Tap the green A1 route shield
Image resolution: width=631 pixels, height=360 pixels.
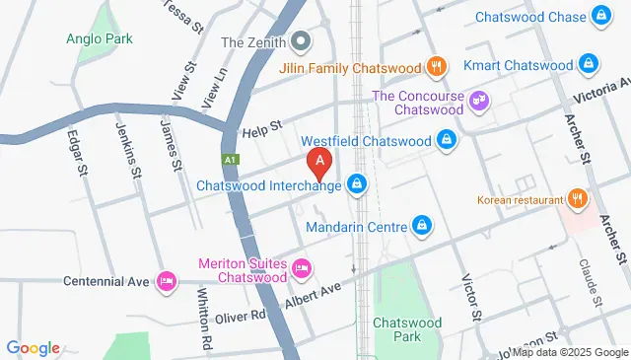click(x=230, y=158)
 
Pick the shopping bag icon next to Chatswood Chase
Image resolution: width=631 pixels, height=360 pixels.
click(x=600, y=16)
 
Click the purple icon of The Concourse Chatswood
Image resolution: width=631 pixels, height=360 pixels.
click(x=479, y=101)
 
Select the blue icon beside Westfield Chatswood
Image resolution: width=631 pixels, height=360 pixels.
click(x=447, y=140)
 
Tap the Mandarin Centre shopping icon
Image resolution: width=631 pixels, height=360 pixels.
click(x=422, y=226)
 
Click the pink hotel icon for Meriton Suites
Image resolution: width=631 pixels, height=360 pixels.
click(x=302, y=266)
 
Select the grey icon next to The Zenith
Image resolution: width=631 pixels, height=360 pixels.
click(x=302, y=41)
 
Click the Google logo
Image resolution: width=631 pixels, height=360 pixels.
click(x=34, y=348)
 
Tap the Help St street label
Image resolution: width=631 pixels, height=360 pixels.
click(x=263, y=125)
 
